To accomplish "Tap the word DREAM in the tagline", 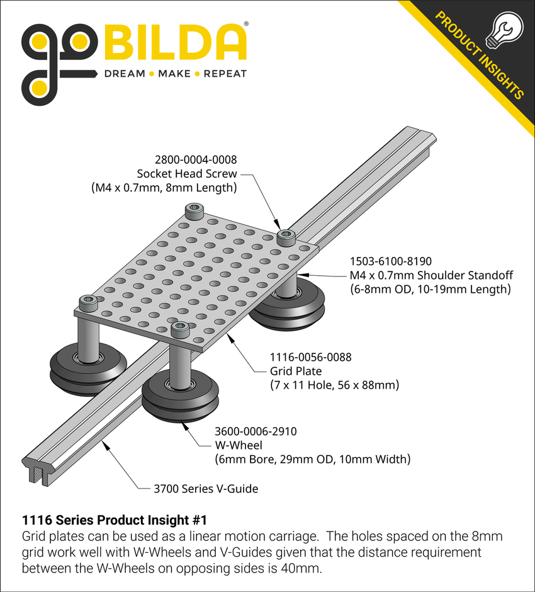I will click(123, 74).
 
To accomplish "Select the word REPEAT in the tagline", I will click(225, 74).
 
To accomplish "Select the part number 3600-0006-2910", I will click(256, 432).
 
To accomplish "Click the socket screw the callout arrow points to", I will click(286, 237).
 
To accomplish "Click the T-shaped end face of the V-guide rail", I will click(37, 470).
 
